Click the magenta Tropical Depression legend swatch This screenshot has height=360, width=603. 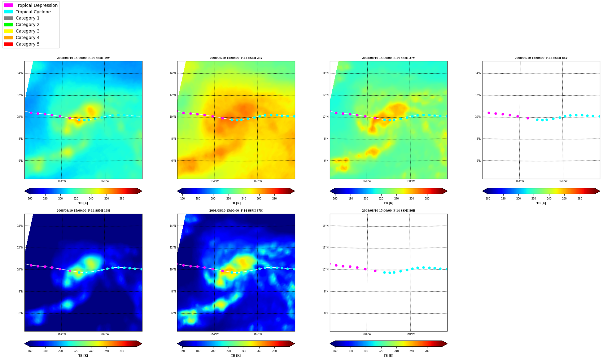pyautogui.click(x=8, y=5)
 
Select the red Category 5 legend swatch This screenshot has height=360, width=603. pyautogui.click(x=8, y=44)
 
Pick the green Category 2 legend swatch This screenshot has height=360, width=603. pyautogui.click(x=8, y=24)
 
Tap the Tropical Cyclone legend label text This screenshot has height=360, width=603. pyautogui.click(x=33, y=12)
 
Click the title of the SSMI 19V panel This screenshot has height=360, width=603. pyautogui.click(x=83, y=58)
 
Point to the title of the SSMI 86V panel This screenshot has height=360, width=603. pyautogui.click(x=541, y=58)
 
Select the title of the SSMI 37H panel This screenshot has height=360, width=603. pyautogui.click(x=236, y=211)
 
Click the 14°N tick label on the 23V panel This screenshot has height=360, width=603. pyautogui.click(x=173, y=73)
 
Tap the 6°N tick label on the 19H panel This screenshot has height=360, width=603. pyautogui.click(x=20, y=313)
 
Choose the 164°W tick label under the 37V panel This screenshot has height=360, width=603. pyautogui.click(x=367, y=182)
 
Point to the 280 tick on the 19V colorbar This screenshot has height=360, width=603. pyautogui.click(x=122, y=199)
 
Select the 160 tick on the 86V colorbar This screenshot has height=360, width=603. pyautogui.click(x=488, y=199)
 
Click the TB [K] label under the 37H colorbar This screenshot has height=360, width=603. pyautogui.click(x=236, y=356)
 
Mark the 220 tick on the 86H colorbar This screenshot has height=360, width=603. pyautogui.click(x=381, y=351)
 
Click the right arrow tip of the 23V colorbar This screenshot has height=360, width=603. pyautogui.click(x=295, y=191)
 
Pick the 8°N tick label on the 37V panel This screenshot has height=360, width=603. pyautogui.click(x=326, y=139)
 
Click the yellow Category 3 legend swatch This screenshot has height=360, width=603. pyautogui.click(x=8, y=31)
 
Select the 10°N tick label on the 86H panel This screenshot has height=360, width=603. pyautogui.click(x=325, y=270)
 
